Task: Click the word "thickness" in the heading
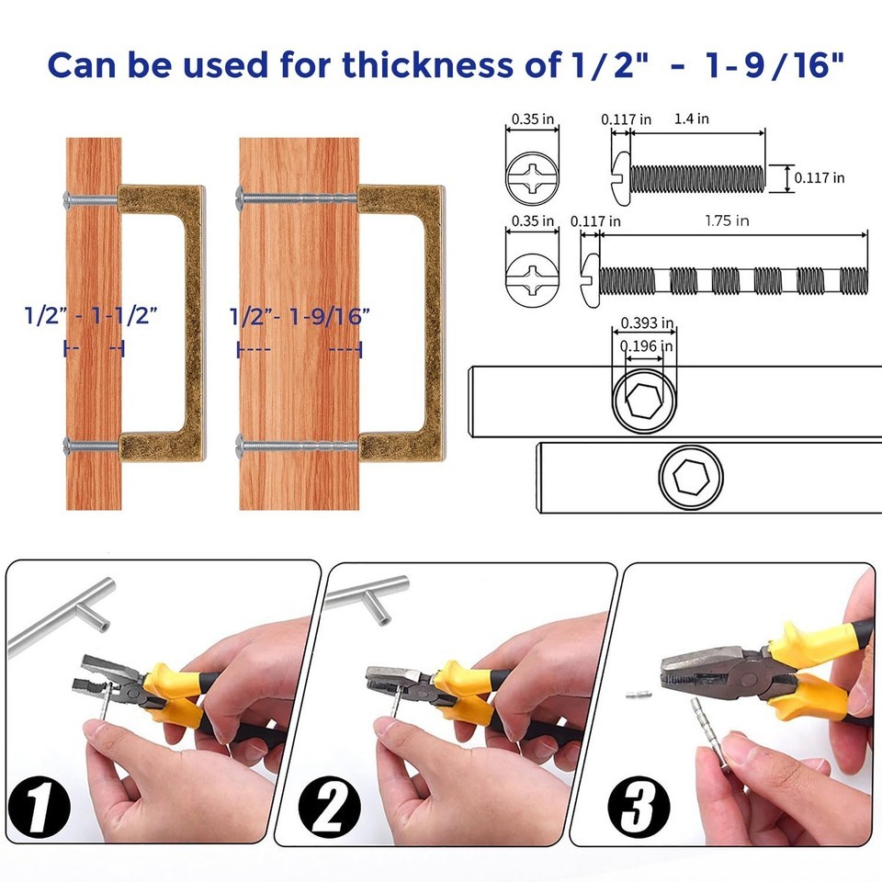point(427,64)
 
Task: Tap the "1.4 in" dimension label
point(691,119)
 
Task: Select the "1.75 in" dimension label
point(727,220)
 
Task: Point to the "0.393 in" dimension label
point(647,322)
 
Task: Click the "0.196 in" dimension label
point(646,346)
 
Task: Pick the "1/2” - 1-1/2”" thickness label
point(91,315)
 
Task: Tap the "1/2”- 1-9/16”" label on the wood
point(300,317)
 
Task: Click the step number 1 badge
point(39,807)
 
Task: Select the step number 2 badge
point(329,806)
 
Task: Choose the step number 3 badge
point(639,806)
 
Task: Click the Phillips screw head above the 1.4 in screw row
point(532,177)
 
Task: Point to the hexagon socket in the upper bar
point(643,401)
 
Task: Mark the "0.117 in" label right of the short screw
point(819,177)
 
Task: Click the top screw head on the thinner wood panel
point(67,198)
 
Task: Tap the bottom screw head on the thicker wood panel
point(241,447)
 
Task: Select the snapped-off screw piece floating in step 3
point(638,695)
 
